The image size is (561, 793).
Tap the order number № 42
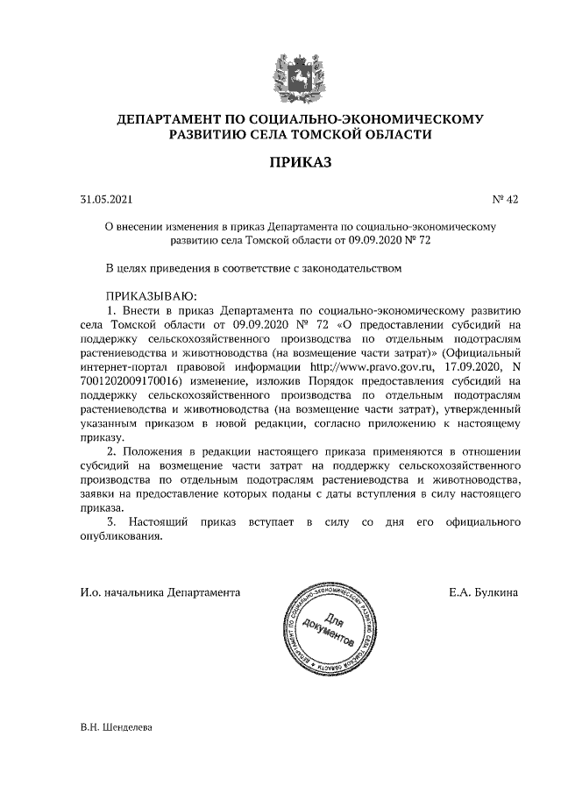click(507, 200)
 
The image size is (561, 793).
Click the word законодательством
click(350, 269)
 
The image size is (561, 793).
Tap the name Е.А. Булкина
click(482, 591)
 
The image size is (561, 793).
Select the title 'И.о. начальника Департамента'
click(160, 591)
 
